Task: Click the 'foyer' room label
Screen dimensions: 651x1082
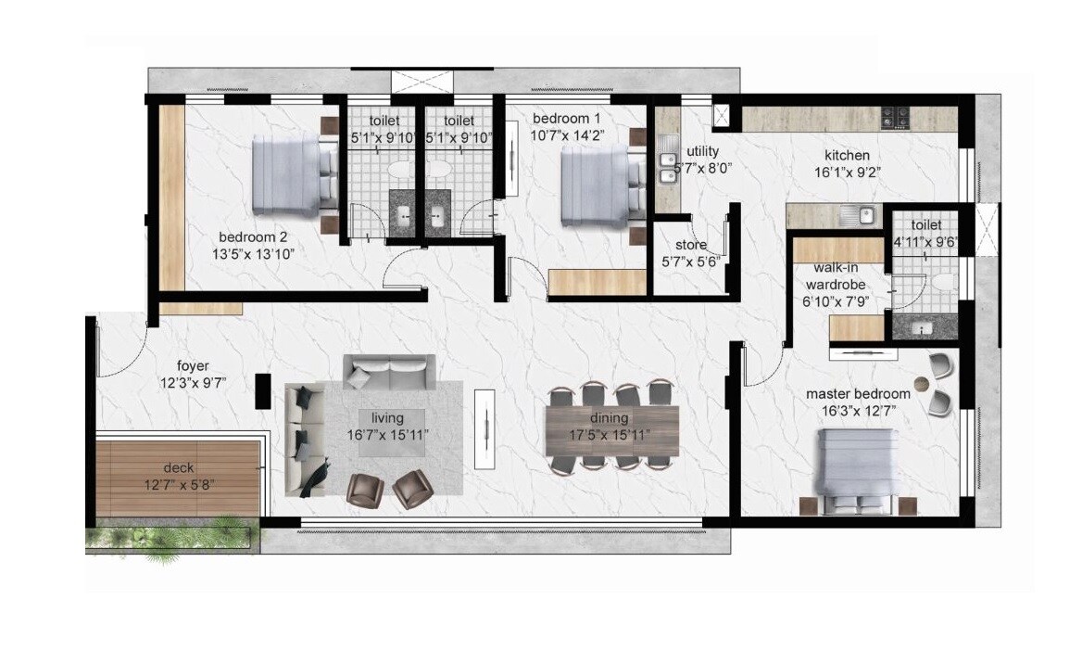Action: pyautogui.click(x=195, y=365)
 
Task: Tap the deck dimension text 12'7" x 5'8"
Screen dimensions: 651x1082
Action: pyautogui.click(x=178, y=482)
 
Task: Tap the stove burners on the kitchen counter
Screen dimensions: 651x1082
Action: pyautogui.click(x=895, y=118)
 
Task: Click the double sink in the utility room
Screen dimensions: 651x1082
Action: pyautogui.click(x=667, y=166)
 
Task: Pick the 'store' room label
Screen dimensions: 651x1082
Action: pyautogui.click(x=691, y=246)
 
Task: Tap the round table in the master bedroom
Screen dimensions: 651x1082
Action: pyautogui.click(x=922, y=384)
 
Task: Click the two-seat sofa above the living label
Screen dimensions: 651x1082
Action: pyautogui.click(x=389, y=373)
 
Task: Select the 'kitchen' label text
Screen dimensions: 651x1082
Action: pyautogui.click(x=848, y=155)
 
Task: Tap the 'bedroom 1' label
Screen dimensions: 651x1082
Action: pyautogui.click(x=567, y=119)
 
